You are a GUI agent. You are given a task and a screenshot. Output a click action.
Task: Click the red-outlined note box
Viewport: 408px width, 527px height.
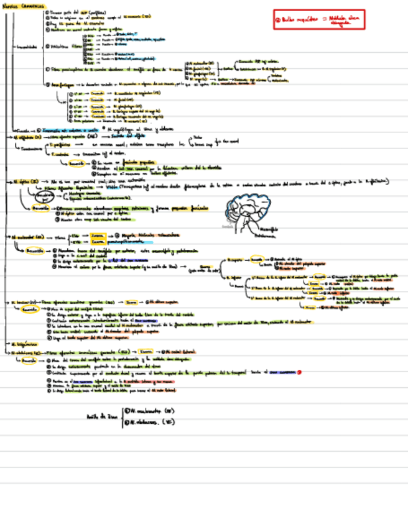point(318,19)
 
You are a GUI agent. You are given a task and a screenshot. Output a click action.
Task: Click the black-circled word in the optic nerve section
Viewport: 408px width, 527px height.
point(27,196)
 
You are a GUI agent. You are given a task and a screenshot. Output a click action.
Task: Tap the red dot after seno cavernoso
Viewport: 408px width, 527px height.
point(300,372)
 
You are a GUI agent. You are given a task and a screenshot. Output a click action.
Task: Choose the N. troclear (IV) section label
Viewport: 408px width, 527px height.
point(23,301)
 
